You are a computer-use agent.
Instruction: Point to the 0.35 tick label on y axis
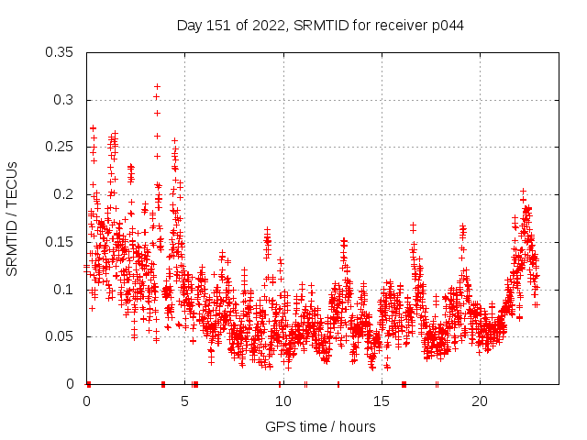[60, 52]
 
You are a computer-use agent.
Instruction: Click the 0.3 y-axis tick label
[63, 100]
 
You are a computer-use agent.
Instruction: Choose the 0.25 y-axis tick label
[60, 148]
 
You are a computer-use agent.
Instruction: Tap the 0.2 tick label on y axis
[63, 194]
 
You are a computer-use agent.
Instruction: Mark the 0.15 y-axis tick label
[60, 242]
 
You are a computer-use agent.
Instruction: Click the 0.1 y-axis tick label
[63, 290]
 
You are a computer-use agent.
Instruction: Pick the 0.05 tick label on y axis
[60, 336]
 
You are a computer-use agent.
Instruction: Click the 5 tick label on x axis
[184, 401]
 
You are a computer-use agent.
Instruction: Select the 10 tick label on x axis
[282, 401]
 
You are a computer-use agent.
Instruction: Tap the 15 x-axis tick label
[381, 401]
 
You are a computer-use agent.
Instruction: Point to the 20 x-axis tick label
[479, 401]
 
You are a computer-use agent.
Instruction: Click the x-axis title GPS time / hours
[320, 426]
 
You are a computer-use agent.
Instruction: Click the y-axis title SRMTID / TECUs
[13, 218]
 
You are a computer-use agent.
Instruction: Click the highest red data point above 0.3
[158, 86]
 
